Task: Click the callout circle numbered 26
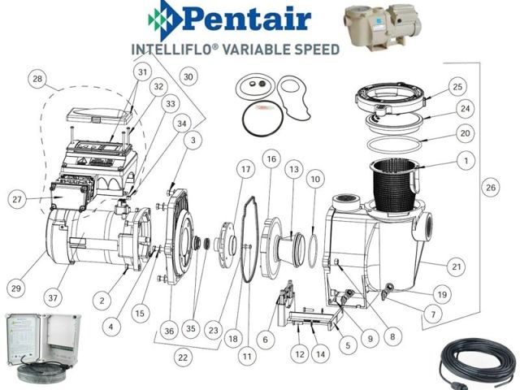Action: click(x=491, y=188)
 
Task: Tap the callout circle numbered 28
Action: click(x=37, y=79)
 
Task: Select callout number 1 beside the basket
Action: click(x=466, y=161)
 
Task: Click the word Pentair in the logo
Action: click(x=246, y=19)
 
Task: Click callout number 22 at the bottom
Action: click(x=183, y=357)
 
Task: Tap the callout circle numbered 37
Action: click(x=53, y=298)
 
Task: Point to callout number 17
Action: click(x=245, y=170)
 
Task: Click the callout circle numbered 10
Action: click(x=315, y=179)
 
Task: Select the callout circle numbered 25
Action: click(x=457, y=87)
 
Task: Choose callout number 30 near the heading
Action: click(x=188, y=77)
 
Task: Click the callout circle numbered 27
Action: click(x=17, y=199)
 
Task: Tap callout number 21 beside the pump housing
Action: click(x=457, y=266)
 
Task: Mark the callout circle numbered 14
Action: click(x=320, y=354)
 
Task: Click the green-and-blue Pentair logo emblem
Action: click(x=164, y=19)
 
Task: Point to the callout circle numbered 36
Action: click(x=169, y=331)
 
